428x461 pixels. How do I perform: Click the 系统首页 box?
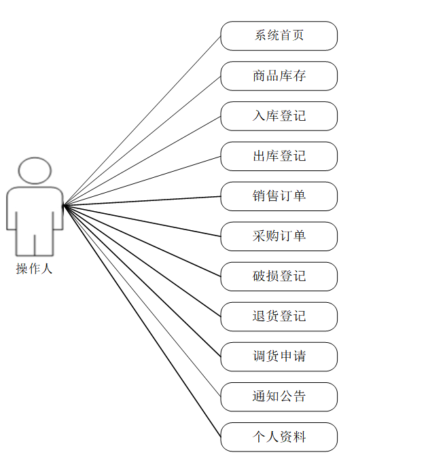click(279, 36)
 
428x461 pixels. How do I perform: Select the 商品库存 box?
click(279, 76)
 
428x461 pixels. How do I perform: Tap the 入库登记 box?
click(279, 116)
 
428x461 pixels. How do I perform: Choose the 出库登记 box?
click(279, 156)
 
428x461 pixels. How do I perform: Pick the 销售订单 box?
click(279, 196)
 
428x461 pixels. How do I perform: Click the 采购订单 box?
click(279, 236)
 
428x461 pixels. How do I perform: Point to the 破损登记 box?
click(279, 276)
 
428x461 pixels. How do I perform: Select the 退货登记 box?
click(279, 316)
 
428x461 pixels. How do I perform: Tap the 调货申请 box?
click(279, 356)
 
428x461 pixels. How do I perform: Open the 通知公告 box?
click(279, 397)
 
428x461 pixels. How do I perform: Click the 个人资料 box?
click(279, 437)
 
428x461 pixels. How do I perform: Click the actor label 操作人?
click(35, 269)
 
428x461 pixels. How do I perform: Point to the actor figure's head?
click(35, 170)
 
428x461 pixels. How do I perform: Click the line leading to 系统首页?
click(142, 120)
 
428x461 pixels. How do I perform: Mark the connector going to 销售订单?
click(142, 200)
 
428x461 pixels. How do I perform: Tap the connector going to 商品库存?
click(142, 141)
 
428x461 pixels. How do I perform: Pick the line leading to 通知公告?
click(142, 301)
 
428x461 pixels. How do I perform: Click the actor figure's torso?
click(35, 210)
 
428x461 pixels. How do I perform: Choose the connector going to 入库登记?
click(142, 160)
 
